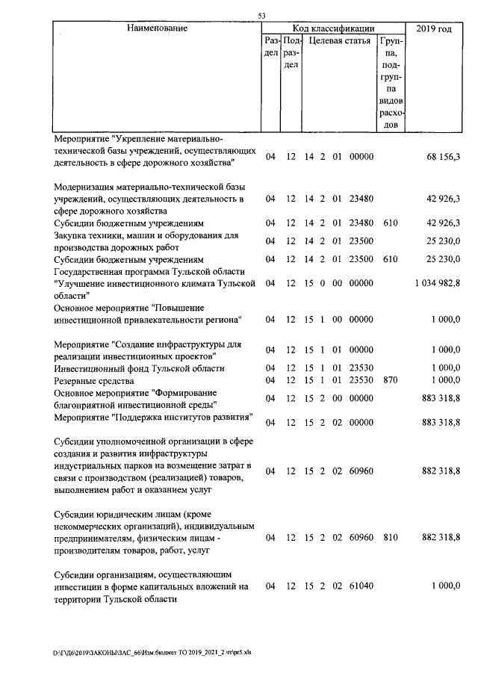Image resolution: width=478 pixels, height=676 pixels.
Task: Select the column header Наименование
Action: (x=156, y=28)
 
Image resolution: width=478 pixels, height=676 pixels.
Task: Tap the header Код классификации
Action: (x=333, y=28)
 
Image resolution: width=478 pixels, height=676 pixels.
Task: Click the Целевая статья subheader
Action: (x=340, y=41)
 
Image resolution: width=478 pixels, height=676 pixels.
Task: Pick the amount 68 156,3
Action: (x=442, y=156)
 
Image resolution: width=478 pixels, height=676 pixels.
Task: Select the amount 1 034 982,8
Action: (x=436, y=284)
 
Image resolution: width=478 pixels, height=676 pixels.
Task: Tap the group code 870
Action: (x=389, y=381)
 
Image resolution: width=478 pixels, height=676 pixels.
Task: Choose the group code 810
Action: (x=389, y=537)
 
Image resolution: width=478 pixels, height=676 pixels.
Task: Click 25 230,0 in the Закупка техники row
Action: (x=444, y=241)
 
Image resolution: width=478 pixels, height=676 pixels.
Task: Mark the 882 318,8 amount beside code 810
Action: (x=441, y=537)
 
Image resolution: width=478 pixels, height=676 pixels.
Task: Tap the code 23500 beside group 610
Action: (x=361, y=259)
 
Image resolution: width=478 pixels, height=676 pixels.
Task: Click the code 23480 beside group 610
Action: (x=361, y=223)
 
